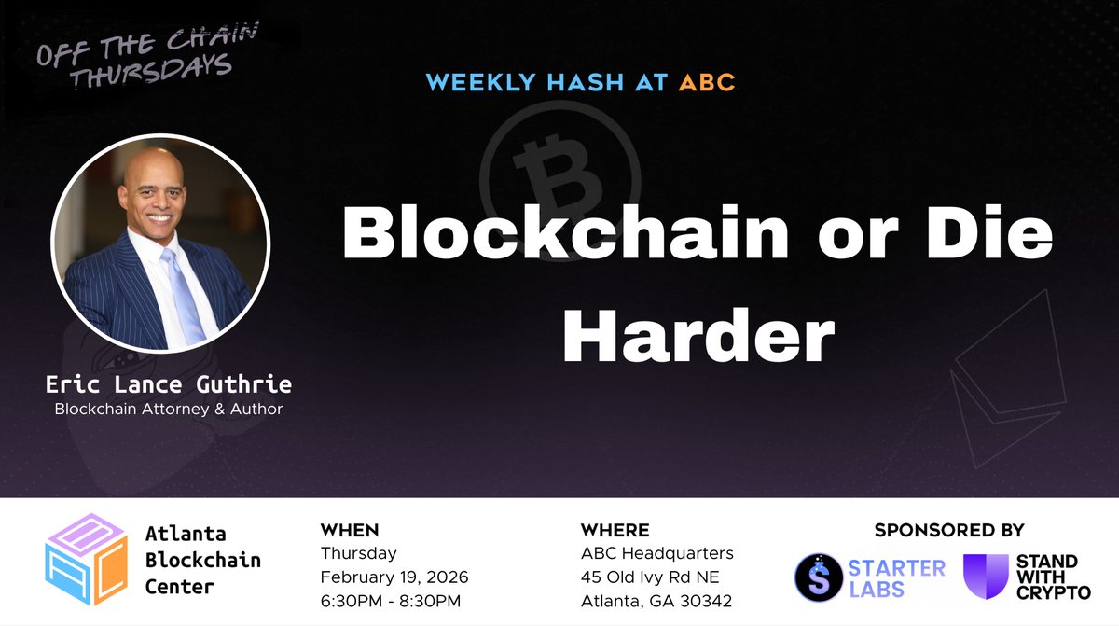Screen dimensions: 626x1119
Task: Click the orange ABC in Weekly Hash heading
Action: pyautogui.click(x=707, y=82)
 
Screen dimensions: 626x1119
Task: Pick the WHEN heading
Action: pyautogui.click(x=350, y=531)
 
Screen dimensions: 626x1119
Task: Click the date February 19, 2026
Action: pyautogui.click(x=394, y=577)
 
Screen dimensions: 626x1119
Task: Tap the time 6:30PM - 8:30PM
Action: pyautogui.click(x=390, y=600)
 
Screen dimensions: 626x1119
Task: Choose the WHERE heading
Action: pyautogui.click(x=615, y=531)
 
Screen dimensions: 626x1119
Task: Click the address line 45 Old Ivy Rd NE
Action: pyautogui.click(x=651, y=577)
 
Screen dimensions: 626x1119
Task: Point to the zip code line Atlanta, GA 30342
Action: pyautogui.click(x=656, y=600)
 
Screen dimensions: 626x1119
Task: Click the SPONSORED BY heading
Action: pyautogui.click(x=949, y=531)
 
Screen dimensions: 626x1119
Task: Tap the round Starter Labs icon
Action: pyautogui.click(x=818, y=577)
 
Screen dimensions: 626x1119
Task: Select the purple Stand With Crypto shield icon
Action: pyautogui.click(x=986, y=577)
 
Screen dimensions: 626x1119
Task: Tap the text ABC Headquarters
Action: pyautogui.click(x=656, y=553)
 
